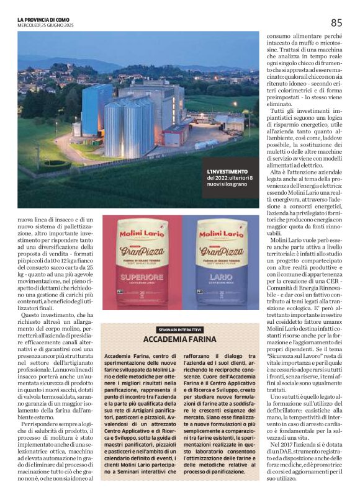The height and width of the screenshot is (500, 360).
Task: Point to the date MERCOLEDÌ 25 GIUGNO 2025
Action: coord(46,25)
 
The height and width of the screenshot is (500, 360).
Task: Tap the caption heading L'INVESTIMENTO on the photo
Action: coord(228,172)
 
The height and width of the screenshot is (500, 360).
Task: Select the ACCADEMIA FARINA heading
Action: coord(180,339)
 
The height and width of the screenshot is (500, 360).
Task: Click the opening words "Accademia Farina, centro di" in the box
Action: coord(132,358)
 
